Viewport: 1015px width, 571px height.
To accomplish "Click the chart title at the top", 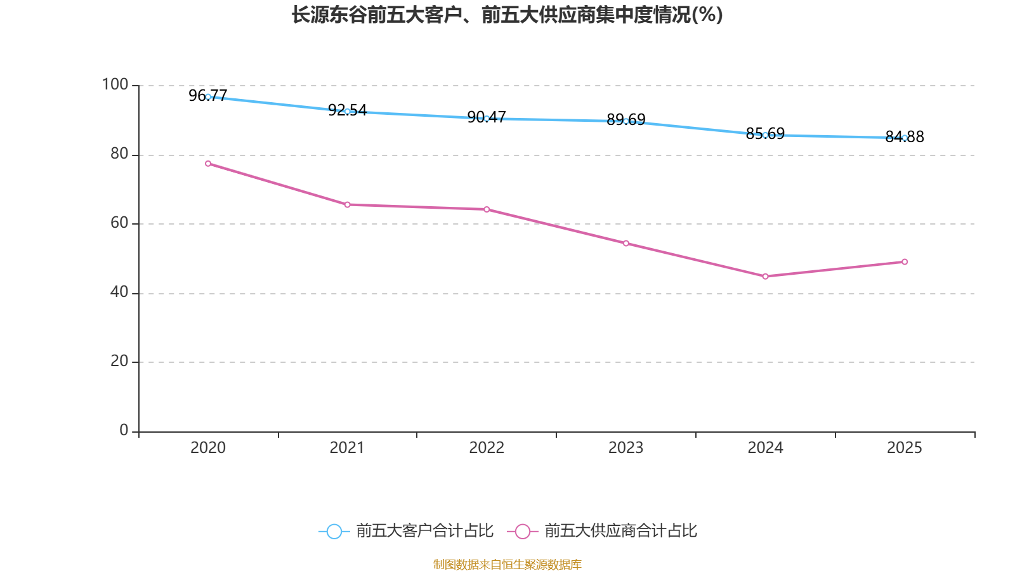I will [507, 15].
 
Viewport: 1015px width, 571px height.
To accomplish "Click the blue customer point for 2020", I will [208, 96].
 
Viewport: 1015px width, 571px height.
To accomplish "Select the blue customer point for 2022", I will [487, 119].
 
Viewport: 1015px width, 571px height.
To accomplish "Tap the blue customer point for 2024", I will [765, 135].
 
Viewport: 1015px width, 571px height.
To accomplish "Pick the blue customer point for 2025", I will [905, 138].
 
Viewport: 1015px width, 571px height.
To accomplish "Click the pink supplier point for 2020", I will [208, 164].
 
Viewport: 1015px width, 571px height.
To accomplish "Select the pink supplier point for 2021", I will [347, 204].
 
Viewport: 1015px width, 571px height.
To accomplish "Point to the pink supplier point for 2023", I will [626, 243].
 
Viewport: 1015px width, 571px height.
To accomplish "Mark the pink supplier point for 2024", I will [765, 277].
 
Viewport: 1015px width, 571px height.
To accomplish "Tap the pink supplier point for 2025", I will [905, 262].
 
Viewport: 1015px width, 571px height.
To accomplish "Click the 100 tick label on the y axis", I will [115, 84].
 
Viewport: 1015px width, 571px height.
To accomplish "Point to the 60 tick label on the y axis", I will [119, 223].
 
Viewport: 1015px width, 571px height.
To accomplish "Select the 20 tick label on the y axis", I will [119, 361].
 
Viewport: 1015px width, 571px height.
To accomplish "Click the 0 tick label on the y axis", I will [124, 430].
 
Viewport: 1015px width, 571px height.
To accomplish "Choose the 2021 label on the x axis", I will [347, 448].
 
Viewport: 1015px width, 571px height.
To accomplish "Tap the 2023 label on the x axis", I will [626, 448].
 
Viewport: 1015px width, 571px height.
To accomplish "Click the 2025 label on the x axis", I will [905, 448].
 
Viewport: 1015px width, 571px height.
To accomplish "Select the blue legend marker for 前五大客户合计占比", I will [334, 532].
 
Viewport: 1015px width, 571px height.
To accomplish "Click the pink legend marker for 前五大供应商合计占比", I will [522, 532].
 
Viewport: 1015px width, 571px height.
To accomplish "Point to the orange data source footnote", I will [507, 564].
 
